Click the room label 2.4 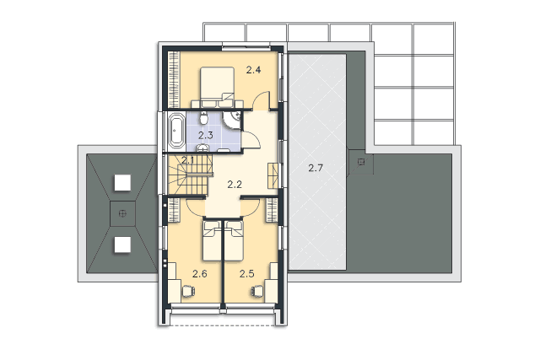[253, 70]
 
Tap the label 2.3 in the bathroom [206, 135]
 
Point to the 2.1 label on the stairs [188, 160]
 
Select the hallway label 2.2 [235, 185]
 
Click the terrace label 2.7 [316, 168]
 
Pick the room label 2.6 [200, 274]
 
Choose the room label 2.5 [247, 274]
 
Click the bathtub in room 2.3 [176, 131]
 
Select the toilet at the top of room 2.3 [204, 118]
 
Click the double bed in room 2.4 [218, 87]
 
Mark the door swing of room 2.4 [261, 100]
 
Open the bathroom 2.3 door [251, 140]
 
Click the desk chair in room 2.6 [188, 291]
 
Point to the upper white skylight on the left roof [122, 183]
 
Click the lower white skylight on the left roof [122, 244]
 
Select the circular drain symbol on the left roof [122, 214]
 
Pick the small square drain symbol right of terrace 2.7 [361, 162]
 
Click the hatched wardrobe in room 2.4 [174, 79]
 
